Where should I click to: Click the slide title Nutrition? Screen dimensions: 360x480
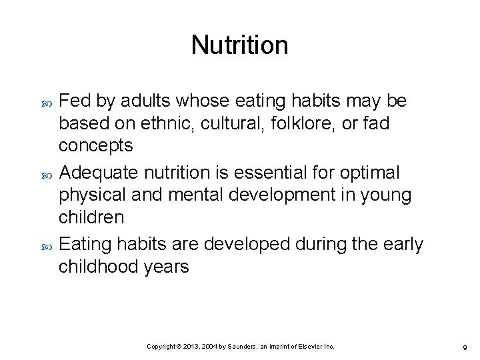coord(239,45)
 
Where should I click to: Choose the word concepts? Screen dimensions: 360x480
coord(96,145)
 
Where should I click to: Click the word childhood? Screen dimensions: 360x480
coord(97,267)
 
